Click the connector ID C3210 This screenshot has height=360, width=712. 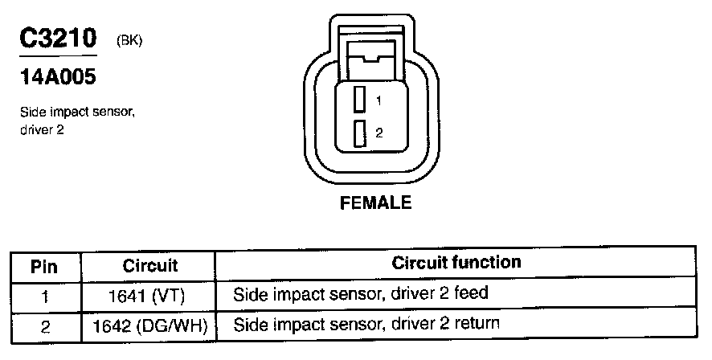(x=57, y=38)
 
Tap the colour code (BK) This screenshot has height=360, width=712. (x=129, y=40)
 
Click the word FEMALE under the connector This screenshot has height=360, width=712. (x=376, y=202)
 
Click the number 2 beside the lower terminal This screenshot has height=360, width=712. (x=379, y=133)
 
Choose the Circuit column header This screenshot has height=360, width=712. (x=150, y=265)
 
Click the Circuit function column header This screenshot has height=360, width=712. (x=456, y=263)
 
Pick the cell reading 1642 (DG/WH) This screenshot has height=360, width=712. (x=150, y=325)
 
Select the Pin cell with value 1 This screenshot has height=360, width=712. (x=45, y=296)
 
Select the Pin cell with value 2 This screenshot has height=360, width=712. (x=45, y=326)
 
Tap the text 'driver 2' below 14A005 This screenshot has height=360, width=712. (x=42, y=129)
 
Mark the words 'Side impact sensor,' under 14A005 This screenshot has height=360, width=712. (x=77, y=114)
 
